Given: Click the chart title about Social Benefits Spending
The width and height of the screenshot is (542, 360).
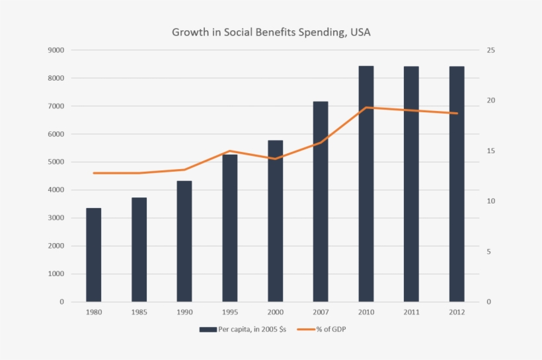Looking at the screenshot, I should tap(271, 32).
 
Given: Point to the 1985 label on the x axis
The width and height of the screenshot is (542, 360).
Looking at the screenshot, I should tap(139, 312).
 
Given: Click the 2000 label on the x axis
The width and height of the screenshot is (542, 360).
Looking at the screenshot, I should tap(275, 312).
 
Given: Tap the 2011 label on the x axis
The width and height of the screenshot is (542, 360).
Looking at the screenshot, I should tap(411, 312).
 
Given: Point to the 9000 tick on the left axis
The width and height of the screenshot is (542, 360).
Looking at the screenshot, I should tap(56, 50).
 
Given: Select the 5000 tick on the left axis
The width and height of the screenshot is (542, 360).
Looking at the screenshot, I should tap(56, 162).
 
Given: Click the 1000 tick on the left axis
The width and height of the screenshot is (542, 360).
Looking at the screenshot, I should tap(56, 274).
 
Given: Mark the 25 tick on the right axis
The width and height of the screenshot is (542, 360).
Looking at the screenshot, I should tap(491, 50).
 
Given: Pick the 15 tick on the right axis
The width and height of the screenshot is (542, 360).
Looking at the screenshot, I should tap(491, 151).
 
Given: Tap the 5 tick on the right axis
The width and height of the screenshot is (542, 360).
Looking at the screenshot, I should tap(491, 252).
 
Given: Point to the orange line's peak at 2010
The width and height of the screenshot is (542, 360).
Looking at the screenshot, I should tap(366, 107).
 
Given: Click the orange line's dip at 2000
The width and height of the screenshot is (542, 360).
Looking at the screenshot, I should tap(275, 159).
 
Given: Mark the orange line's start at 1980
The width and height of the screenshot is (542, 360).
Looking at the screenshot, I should tap(94, 173).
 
